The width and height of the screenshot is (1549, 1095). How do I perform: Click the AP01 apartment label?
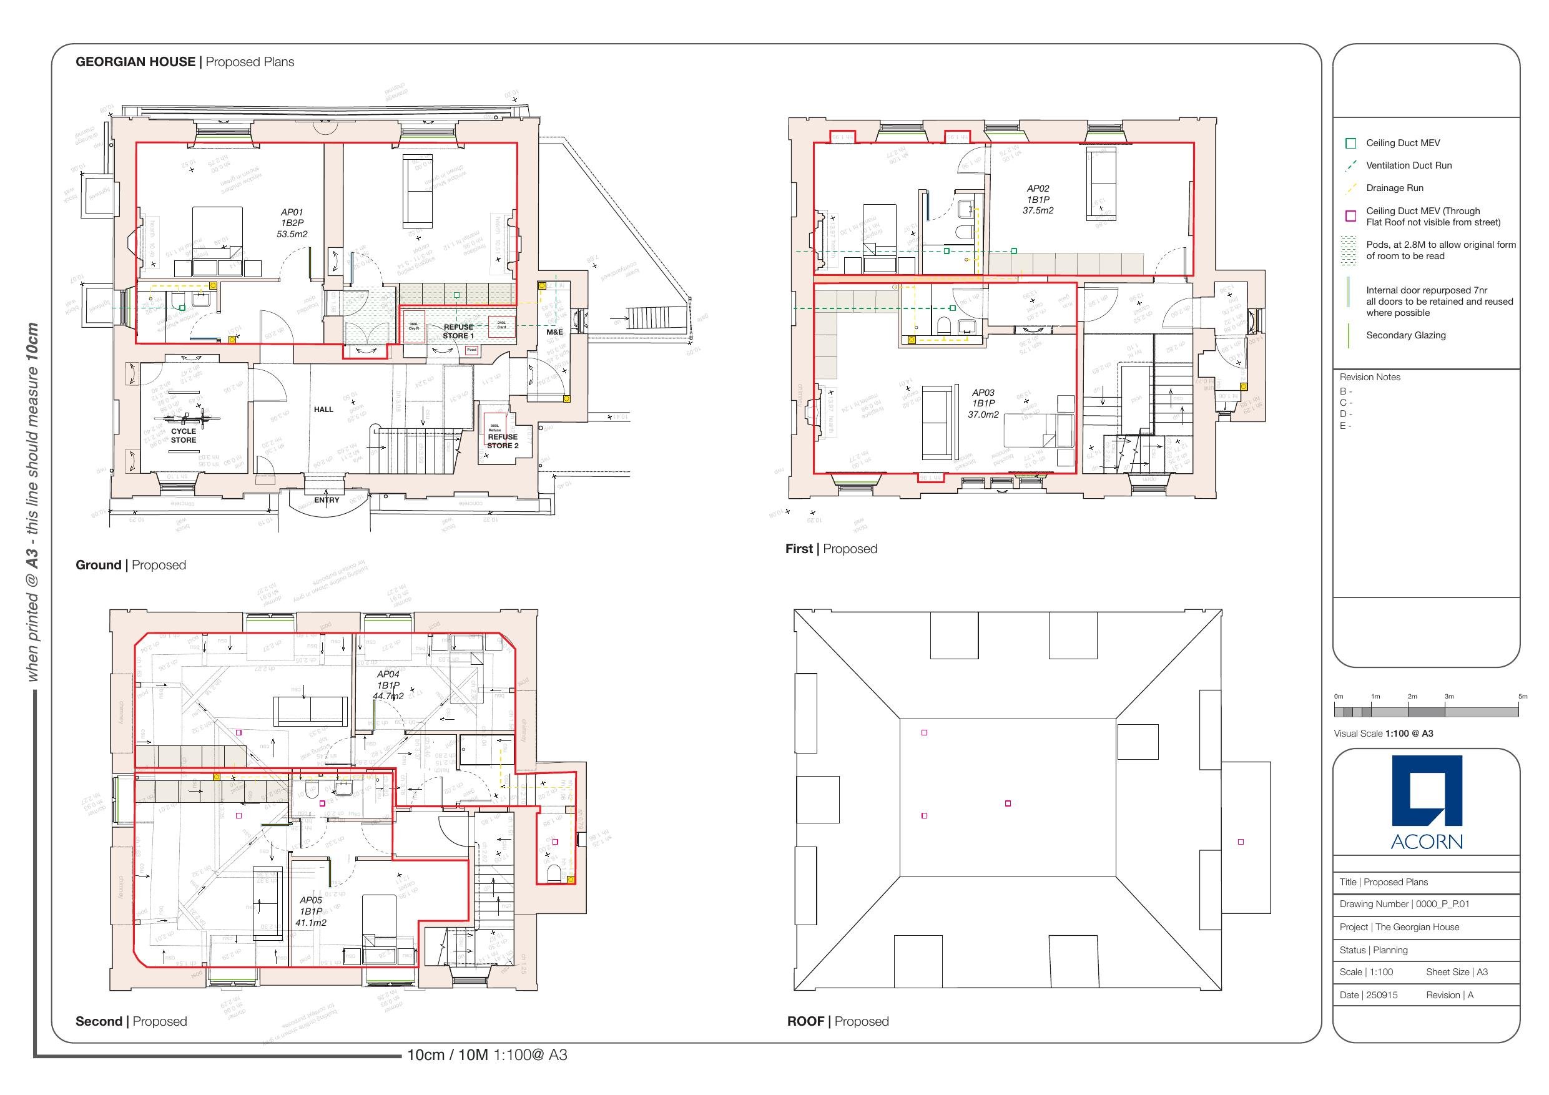click(x=292, y=223)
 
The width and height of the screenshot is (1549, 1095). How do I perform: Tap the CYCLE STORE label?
click(x=184, y=435)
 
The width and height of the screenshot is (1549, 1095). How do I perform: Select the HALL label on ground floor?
click(x=323, y=410)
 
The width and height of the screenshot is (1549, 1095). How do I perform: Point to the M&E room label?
click(x=554, y=332)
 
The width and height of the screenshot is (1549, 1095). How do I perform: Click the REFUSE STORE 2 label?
click(x=503, y=441)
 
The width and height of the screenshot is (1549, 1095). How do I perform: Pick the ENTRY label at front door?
click(x=327, y=500)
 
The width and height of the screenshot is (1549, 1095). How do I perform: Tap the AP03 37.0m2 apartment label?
click(x=983, y=403)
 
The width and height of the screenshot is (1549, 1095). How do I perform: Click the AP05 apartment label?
click(x=311, y=911)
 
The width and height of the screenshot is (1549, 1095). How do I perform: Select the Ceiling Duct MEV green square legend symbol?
click(x=1350, y=143)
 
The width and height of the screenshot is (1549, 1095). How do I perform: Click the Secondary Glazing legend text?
click(x=1405, y=335)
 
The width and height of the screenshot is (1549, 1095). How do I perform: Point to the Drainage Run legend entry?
click(x=1395, y=189)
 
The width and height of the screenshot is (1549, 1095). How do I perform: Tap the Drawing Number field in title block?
click(x=1404, y=904)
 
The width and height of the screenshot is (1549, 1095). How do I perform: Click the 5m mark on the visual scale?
click(x=1522, y=696)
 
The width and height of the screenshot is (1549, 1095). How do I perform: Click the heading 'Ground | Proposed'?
click(x=131, y=565)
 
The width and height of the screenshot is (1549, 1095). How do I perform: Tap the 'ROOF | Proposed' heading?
click(x=837, y=1021)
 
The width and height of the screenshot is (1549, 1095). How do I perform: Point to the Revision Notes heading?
click(x=1370, y=377)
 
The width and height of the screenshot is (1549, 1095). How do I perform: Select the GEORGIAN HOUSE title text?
click(x=135, y=62)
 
